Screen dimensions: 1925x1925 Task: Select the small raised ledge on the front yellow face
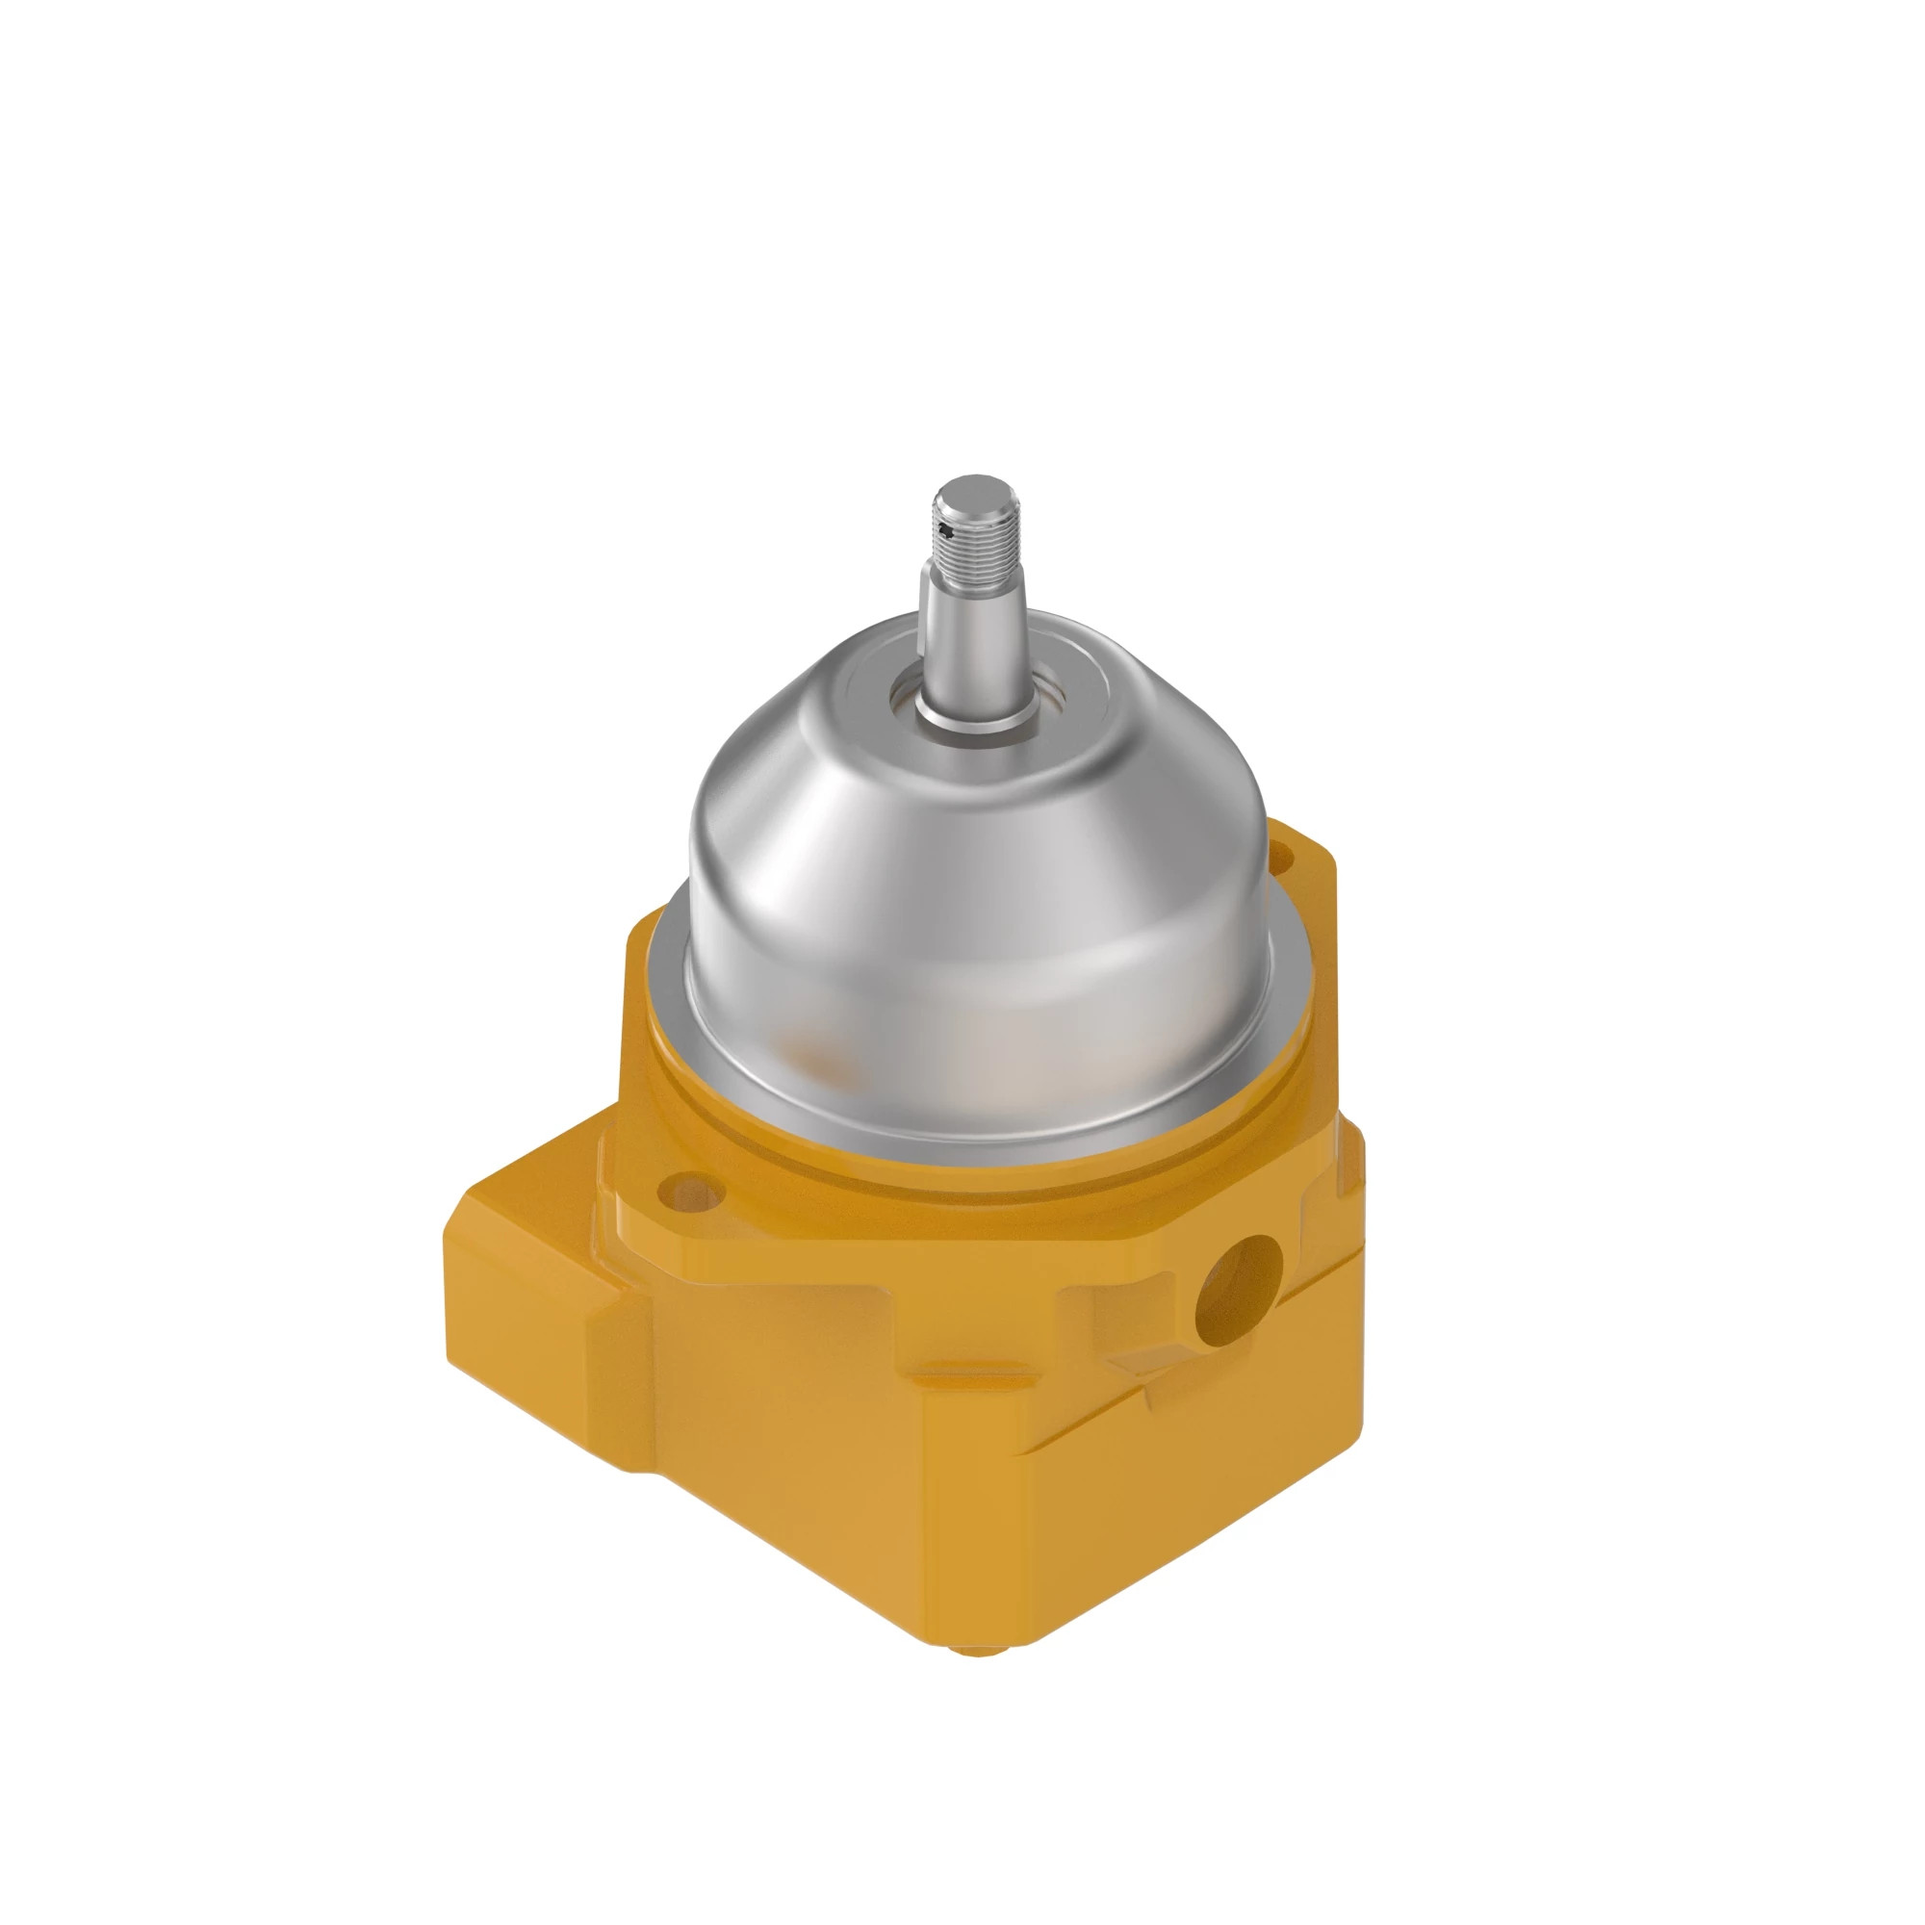point(957,1378)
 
